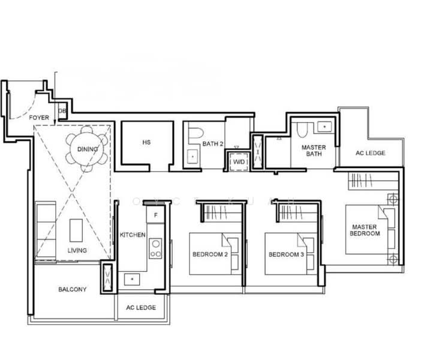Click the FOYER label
[x=39, y=118]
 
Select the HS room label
[x=146, y=143]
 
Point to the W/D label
[x=239, y=162]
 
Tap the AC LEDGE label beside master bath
[x=370, y=153]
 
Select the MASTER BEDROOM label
[x=365, y=230]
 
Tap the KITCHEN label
[x=133, y=235]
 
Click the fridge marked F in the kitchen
[x=156, y=215]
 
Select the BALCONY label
[x=72, y=289]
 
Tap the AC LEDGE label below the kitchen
[x=141, y=307]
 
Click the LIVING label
[x=77, y=250]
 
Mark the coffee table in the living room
[x=76, y=229]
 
